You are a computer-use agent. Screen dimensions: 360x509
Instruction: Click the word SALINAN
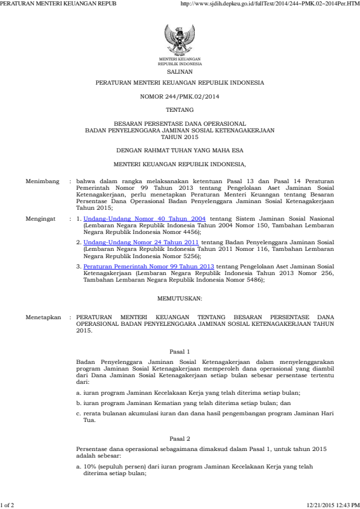click(x=180, y=70)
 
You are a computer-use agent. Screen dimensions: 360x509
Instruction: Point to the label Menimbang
click(x=41, y=181)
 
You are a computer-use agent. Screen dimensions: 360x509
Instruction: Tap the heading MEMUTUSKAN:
click(x=180, y=299)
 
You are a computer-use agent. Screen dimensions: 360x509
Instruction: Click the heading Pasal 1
click(x=180, y=352)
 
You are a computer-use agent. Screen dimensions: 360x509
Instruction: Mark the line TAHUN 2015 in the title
click(x=180, y=136)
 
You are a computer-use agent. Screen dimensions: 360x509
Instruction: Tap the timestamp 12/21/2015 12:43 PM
click(x=333, y=504)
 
